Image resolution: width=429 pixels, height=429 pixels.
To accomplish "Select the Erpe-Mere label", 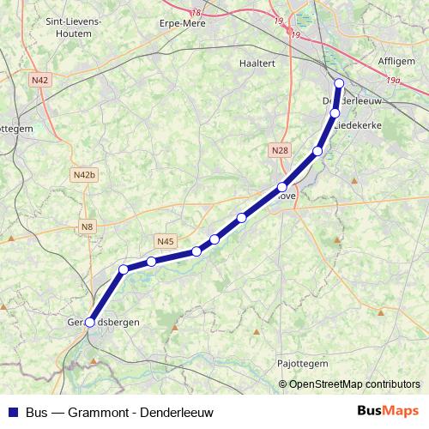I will [183, 24].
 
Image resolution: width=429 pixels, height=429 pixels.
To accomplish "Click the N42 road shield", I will [39, 79].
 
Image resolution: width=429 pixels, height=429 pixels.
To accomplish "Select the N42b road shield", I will [84, 175].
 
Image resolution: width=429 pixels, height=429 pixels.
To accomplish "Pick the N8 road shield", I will [87, 227].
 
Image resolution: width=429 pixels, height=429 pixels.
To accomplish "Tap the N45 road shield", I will [166, 241].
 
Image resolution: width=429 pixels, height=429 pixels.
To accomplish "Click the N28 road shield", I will [280, 151].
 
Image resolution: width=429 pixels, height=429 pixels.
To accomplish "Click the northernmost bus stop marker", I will [339, 83].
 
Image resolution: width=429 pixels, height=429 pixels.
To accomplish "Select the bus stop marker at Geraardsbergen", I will [90, 323].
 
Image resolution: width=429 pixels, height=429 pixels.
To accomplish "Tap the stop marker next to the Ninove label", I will [281, 187].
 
